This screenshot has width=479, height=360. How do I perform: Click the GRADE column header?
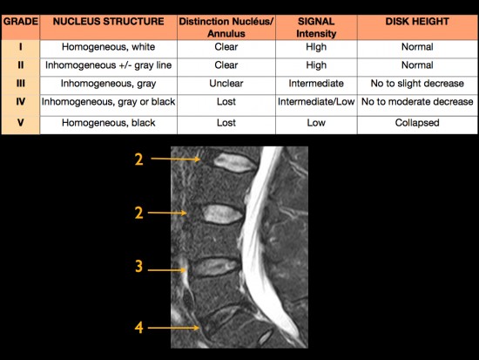pyautogui.click(x=21, y=22)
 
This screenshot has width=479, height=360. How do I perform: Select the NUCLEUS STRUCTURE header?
pyautogui.click(x=109, y=22)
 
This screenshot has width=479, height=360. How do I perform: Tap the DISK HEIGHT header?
pyautogui.click(x=417, y=22)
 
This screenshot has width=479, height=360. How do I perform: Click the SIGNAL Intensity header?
pyautogui.click(x=316, y=27)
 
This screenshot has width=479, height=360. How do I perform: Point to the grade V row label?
pyautogui.click(x=21, y=123)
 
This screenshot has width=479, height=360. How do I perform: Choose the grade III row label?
pyautogui.click(x=21, y=83)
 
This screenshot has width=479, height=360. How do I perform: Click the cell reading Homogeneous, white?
pyautogui.click(x=109, y=47)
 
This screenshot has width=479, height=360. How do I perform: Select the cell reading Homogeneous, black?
pyautogui.click(x=109, y=123)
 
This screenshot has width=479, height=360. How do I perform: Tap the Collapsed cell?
pyautogui.click(x=417, y=123)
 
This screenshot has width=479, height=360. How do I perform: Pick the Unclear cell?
pyautogui.click(x=226, y=83)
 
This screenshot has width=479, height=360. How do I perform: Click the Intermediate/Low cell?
pyautogui.click(x=316, y=101)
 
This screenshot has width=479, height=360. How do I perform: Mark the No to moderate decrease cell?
pyautogui.click(x=417, y=101)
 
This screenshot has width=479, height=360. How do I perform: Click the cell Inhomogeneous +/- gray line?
pyautogui.click(x=109, y=65)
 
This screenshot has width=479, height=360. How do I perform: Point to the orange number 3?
pyautogui.click(x=138, y=266)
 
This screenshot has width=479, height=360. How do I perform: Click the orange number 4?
pyautogui.click(x=138, y=328)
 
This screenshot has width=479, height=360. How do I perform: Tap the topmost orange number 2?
pyautogui.click(x=138, y=160)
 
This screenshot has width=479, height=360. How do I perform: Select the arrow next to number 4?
pyautogui.click(x=173, y=328)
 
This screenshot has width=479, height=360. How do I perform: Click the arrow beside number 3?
pyautogui.click(x=167, y=270)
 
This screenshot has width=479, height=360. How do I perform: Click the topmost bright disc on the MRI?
pyautogui.click(x=234, y=162)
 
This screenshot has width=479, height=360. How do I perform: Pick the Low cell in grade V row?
pyautogui.click(x=316, y=123)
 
